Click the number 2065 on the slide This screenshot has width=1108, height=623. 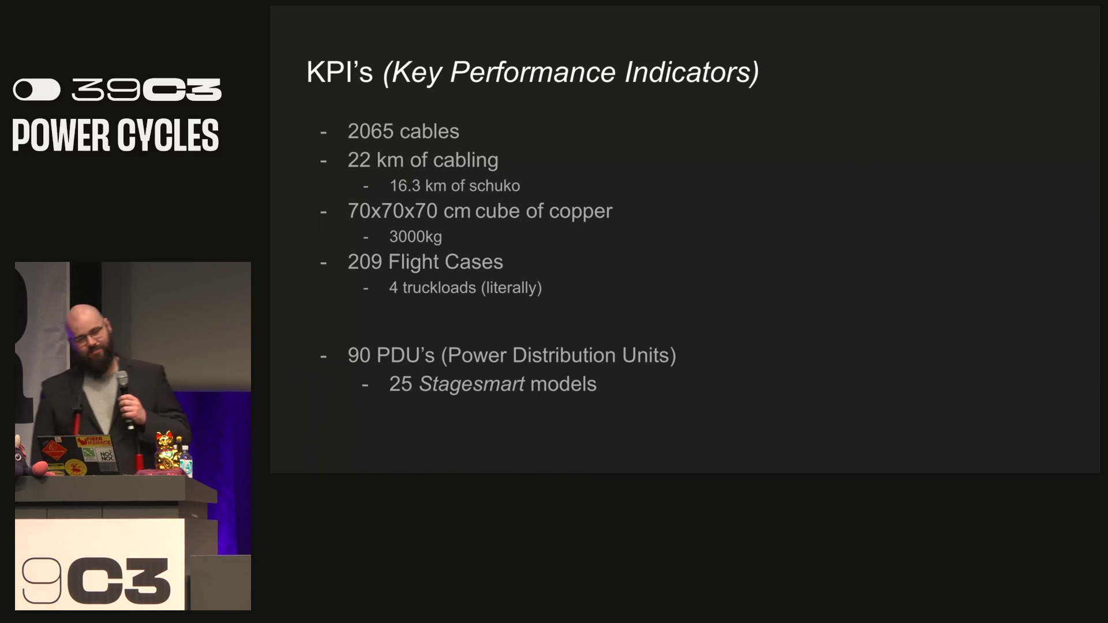pyautogui.click(x=370, y=132)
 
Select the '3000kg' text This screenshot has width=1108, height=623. pyautogui.click(x=415, y=237)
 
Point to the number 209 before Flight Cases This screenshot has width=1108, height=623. pyautogui.click(x=365, y=262)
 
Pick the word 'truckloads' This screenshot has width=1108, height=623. pyautogui.click(x=439, y=287)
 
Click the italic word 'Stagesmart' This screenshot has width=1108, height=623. pyautogui.click(x=471, y=385)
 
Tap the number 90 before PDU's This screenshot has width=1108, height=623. pyautogui.click(x=359, y=355)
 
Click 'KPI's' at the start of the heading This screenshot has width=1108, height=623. pyautogui.click(x=339, y=72)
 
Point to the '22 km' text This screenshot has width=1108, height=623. pyautogui.click(x=376, y=160)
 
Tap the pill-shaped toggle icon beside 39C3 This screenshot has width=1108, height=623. pyautogui.click(x=37, y=90)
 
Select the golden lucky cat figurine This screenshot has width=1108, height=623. pyautogui.click(x=166, y=450)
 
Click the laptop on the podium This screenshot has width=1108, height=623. pyautogui.click(x=78, y=455)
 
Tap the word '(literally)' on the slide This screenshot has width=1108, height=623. pyautogui.click(x=511, y=288)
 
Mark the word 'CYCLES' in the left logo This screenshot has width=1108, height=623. pyautogui.click(x=168, y=136)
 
